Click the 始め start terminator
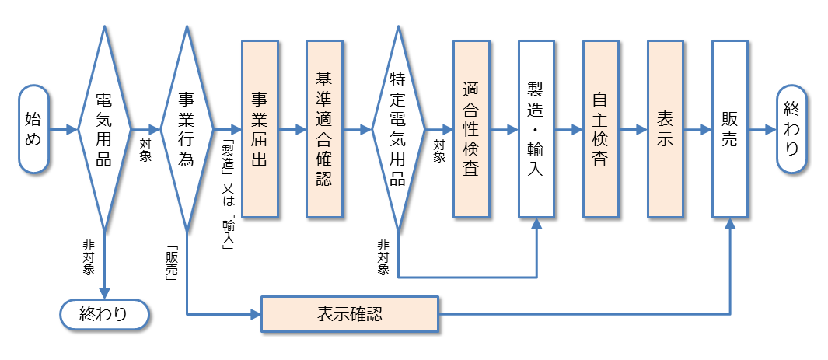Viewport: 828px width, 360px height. pyautogui.click(x=33, y=129)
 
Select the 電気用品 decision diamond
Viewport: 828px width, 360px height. pyautogui.click(x=103, y=129)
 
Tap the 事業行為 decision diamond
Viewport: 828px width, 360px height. pyautogui.click(x=186, y=129)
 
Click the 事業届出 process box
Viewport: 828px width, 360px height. pyautogui.click(x=260, y=129)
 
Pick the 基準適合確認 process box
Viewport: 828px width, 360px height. pyautogui.click(x=324, y=129)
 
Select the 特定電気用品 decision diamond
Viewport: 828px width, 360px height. pyautogui.click(x=398, y=129)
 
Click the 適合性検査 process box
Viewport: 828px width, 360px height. pyautogui.click(x=471, y=129)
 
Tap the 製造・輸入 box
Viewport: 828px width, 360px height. pyautogui.click(x=536, y=129)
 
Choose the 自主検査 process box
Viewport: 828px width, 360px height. pyautogui.click(x=600, y=129)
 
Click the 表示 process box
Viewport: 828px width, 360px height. pyautogui.click(x=666, y=129)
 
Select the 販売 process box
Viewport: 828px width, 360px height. pyautogui.click(x=730, y=129)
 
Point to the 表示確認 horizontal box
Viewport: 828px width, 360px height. pyautogui.click(x=350, y=315)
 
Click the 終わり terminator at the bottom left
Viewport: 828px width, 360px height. pyautogui.click(x=103, y=314)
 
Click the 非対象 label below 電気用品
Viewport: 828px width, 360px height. pyautogui.click(x=89, y=257)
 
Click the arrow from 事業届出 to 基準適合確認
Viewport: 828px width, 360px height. pyautogui.click(x=292, y=129)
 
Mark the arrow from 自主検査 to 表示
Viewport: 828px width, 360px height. pyautogui.click(x=633, y=129)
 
